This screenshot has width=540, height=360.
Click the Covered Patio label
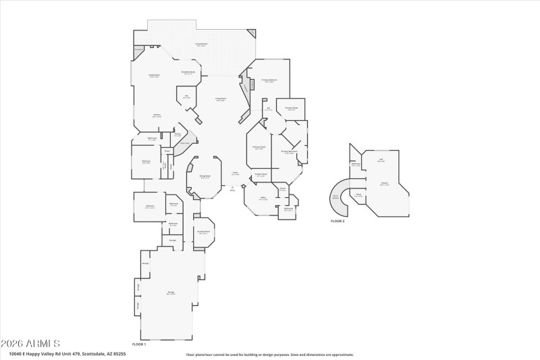click(x=200, y=45)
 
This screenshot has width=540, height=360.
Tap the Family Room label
click(x=154, y=76)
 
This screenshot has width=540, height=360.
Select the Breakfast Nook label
click(x=188, y=72)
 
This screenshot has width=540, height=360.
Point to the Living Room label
click(x=221, y=99)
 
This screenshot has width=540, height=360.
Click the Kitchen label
click(x=157, y=115)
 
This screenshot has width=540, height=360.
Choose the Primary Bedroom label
click(x=270, y=80)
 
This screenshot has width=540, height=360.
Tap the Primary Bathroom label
click(x=290, y=152)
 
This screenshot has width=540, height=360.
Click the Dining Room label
click(x=205, y=177)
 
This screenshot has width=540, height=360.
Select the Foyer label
click(x=235, y=174)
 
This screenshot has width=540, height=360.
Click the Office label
click(x=263, y=199)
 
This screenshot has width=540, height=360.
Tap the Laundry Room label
click(x=203, y=232)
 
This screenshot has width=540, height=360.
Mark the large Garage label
click(x=171, y=293)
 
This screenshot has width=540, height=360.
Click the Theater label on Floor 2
click(x=384, y=184)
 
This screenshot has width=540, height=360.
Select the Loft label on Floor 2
click(x=381, y=161)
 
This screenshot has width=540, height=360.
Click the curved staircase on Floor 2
click(x=340, y=197)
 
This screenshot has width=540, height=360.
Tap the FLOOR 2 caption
click(x=337, y=222)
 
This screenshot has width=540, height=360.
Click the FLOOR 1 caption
click(x=138, y=344)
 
